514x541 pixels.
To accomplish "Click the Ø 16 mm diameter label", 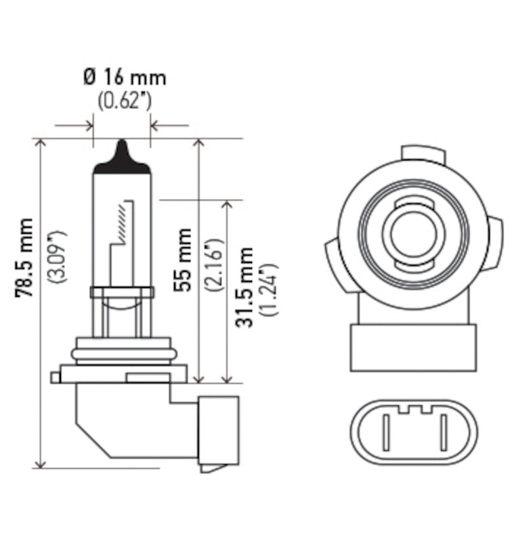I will pos(125,77).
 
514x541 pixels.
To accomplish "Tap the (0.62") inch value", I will pos(125,101).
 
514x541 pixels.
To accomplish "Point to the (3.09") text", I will pos(60,257).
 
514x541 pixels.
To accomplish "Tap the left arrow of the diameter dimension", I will pos(87,125).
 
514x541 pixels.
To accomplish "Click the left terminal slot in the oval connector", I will pos(385,432).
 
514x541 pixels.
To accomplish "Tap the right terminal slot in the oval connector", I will pos(444,432).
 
